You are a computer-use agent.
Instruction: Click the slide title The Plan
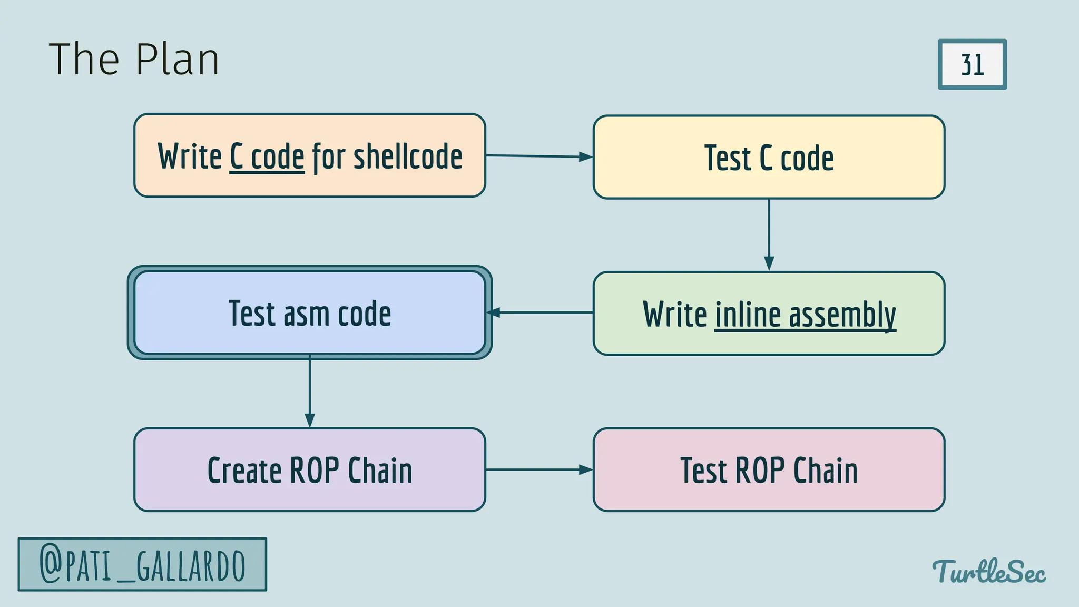click(x=134, y=60)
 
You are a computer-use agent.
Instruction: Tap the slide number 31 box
click(x=972, y=64)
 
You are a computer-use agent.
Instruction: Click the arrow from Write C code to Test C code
click(x=538, y=156)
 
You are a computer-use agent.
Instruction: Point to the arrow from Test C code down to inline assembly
click(x=769, y=234)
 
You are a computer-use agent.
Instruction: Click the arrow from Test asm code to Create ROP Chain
click(x=310, y=391)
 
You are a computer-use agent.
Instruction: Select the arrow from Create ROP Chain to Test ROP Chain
click(x=538, y=469)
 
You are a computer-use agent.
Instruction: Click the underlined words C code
click(x=267, y=156)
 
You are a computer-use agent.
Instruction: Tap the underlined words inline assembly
click(x=805, y=315)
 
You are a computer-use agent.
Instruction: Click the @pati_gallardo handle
click(x=142, y=565)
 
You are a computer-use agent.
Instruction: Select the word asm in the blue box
click(x=307, y=314)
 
